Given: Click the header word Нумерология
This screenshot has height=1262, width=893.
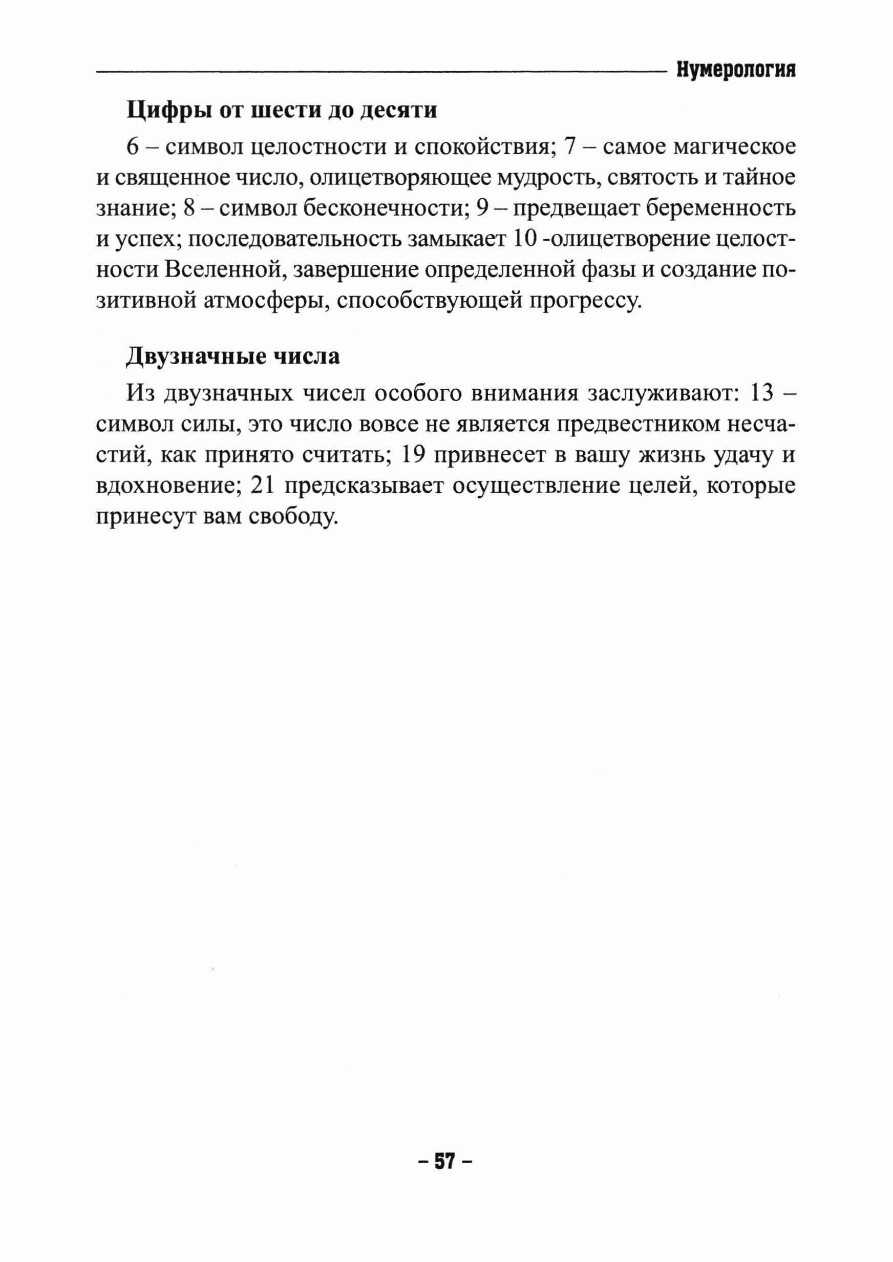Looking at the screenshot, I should coord(736,71).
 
